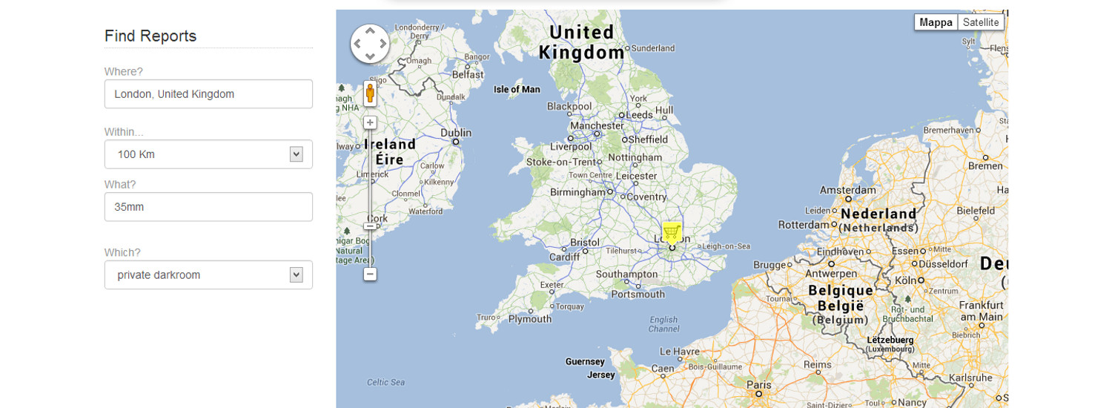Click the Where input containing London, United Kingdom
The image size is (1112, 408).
[x=208, y=94]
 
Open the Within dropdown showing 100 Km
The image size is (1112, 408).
[x=208, y=154]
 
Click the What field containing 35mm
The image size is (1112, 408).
[x=208, y=207]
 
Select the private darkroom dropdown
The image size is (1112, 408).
[x=208, y=275]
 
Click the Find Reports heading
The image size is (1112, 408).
[x=150, y=36]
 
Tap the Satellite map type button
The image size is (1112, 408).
[x=981, y=22]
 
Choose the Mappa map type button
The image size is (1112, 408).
[x=936, y=22]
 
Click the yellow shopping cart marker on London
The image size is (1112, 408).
[x=672, y=233]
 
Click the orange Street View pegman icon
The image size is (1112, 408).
[x=370, y=94]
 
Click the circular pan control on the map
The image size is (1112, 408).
[x=370, y=44]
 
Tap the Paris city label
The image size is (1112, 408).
[x=759, y=385]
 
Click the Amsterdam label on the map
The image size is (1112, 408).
[x=847, y=191]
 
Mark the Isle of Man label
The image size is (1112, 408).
[x=517, y=90]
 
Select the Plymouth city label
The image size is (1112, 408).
[x=529, y=319]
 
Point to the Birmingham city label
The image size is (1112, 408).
[x=577, y=192]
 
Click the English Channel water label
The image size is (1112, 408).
[x=663, y=325]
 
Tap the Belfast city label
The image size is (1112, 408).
[x=467, y=75]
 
